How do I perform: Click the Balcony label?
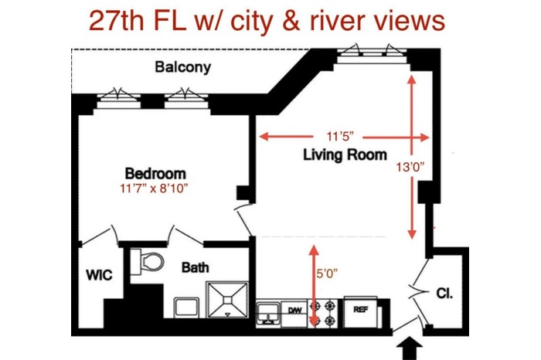(182, 67)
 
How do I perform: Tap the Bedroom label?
(155, 173)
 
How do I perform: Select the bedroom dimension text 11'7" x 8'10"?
(154, 188)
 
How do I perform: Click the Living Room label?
(345, 155)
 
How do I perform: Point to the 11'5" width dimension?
(340, 137)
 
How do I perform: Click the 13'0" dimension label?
(410, 167)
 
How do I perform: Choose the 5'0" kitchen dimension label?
(327, 273)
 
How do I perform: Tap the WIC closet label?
(99, 275)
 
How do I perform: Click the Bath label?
(195, 267)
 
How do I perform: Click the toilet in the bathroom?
(147, 262)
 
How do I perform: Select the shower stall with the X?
(227, 300)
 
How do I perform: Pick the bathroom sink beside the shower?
(186, 307)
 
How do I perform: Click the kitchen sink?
(268, 314)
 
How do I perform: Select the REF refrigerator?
(361, 312)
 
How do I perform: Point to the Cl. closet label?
(444, 293)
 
